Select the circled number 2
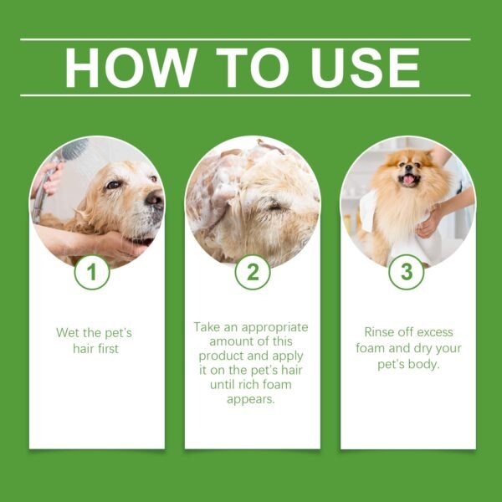[252, 272]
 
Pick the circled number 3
[407, 272]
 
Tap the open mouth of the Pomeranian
[409, 180]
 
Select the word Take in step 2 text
[207, 326]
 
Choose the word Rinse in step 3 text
[381, 332]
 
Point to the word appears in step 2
[252, 398]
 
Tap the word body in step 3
[430, 364]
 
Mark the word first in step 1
[105, 348]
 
